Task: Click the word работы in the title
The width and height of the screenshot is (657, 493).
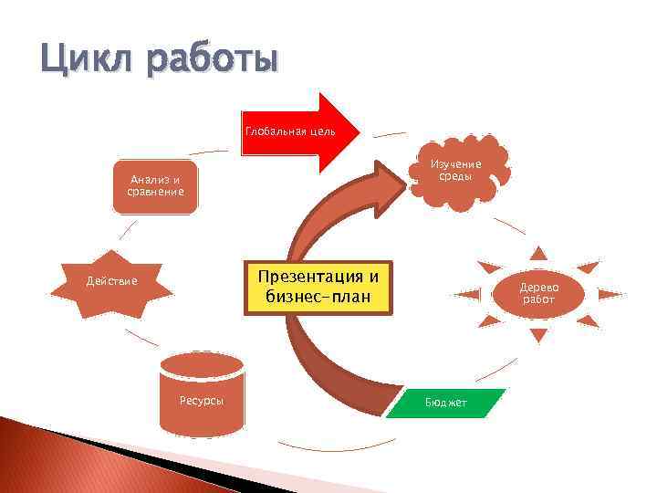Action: click(208, 62)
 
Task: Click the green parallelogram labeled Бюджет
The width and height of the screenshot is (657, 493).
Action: click(445, 403)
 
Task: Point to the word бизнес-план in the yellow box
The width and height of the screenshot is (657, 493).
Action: click(317, 297)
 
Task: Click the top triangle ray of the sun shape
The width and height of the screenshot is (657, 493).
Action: click(539, 253)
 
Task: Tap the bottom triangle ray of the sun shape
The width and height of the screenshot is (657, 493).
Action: click(538, 335)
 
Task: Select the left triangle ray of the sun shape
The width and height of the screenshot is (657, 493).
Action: click(469, 294)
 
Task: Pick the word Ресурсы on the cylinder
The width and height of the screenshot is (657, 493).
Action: click(201, 402)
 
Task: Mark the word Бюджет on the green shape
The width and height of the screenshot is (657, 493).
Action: click(445, 403)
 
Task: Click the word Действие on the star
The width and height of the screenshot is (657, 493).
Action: click(111, 280)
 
